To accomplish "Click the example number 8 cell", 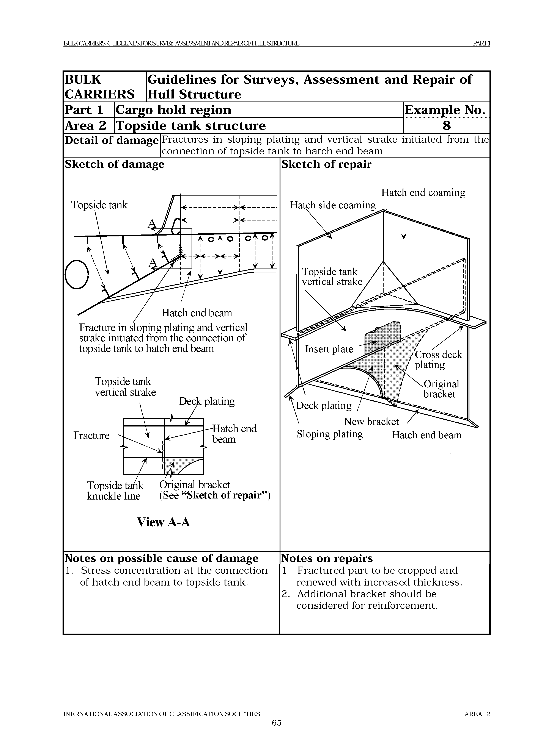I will click(x=446, y=125).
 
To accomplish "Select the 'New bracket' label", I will click(x=371, y=422).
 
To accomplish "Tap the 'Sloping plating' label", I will click(x=330, y=434).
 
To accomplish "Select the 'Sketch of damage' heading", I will click(x=114, y=164).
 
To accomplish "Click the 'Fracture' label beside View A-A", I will click(x=91, y=436).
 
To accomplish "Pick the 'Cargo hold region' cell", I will click(x=173, y=110).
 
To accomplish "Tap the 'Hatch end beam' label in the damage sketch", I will click(x=197, y=313).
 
